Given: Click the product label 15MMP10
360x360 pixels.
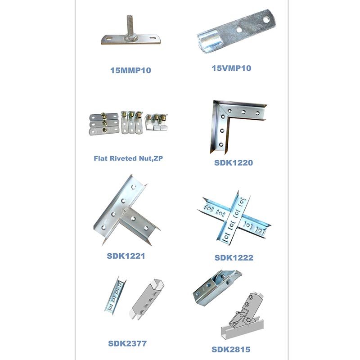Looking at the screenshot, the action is pyautogui.click(x=130, y=70).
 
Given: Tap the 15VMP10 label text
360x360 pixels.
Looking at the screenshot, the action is pyautogui.click(x=231, y=68).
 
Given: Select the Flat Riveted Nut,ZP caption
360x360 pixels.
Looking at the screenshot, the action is pyautogui.click(x=128, y=158).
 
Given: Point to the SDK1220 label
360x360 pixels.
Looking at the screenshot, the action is pyautogui.click(x=234, y=163).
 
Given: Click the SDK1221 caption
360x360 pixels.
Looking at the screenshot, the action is pyautogui.click(x=126, y=256).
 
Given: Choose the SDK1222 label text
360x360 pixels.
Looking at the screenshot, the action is pyautogui.click(x=234, y=257).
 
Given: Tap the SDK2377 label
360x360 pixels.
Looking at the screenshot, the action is pyautogui.click(x=127, y=343).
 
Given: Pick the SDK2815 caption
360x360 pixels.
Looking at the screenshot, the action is pyautogui.click(x=231, y=350).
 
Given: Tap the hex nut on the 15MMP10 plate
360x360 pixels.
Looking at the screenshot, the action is pyautogui.click(x=131, y=38).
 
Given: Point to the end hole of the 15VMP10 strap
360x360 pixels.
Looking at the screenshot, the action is pyautogui.click(x=266, y=20).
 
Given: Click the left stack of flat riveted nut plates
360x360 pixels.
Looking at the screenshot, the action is pyautogui.click(x=104, y=124).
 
